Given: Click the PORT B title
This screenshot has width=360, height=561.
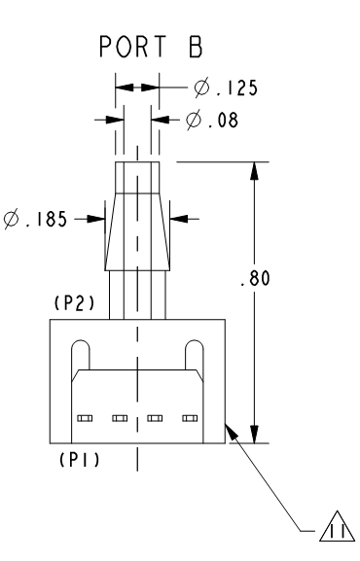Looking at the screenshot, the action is point(151,47).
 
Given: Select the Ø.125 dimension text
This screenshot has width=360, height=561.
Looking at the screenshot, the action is point(226,88).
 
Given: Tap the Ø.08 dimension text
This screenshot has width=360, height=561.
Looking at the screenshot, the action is point(212,120).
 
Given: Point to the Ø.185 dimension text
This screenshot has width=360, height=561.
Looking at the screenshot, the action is point(35,219).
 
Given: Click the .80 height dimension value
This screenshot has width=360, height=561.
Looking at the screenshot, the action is point(255,278).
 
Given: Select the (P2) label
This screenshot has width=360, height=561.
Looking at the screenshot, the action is point(75,303).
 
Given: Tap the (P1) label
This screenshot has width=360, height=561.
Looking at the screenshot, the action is point(79,459).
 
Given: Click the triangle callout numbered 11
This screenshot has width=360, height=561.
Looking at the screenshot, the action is point(338,526).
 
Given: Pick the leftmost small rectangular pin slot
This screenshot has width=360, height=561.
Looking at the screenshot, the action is point(85,418).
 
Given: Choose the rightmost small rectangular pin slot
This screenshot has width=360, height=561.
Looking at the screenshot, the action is point(190,418).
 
